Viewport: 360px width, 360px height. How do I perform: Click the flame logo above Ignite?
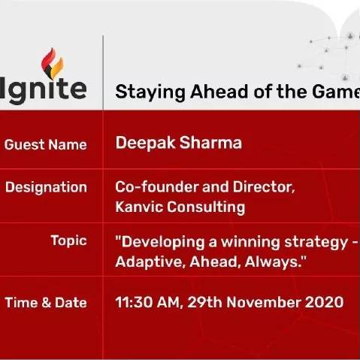pyautogui.click(x=52, y=64)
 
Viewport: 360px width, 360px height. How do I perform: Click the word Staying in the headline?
pyautogui.click(x=150, y=92)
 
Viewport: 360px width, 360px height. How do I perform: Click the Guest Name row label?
pyautogui.click(x=46, y=145)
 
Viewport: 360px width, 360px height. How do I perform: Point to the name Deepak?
pyautogui.click(x=145, y=144)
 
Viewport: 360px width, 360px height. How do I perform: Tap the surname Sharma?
pyautogui.click(x=210, y=143)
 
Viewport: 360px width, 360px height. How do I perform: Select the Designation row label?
pyautogui.click(x=46, y=188)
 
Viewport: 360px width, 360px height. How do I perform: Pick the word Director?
pyautogui.click(x=264, y=187)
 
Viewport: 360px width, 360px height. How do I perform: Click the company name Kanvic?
pyautogui.click(x=139, y=207)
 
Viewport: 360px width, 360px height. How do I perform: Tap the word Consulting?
pyautogui.click(x=206, y=207)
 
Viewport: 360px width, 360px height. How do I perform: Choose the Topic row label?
pyautogui.click(x=68, y=241)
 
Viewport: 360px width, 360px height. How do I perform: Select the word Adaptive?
pyautogui.click(x=150, y=262)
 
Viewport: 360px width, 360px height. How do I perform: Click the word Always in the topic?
pyautogui.click(x=273, y=262)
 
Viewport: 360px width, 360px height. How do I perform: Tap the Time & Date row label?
pyautogui.click(x=46, y=303)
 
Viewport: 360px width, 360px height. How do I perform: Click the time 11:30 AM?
pyautogui.click(x=148, y=302)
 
